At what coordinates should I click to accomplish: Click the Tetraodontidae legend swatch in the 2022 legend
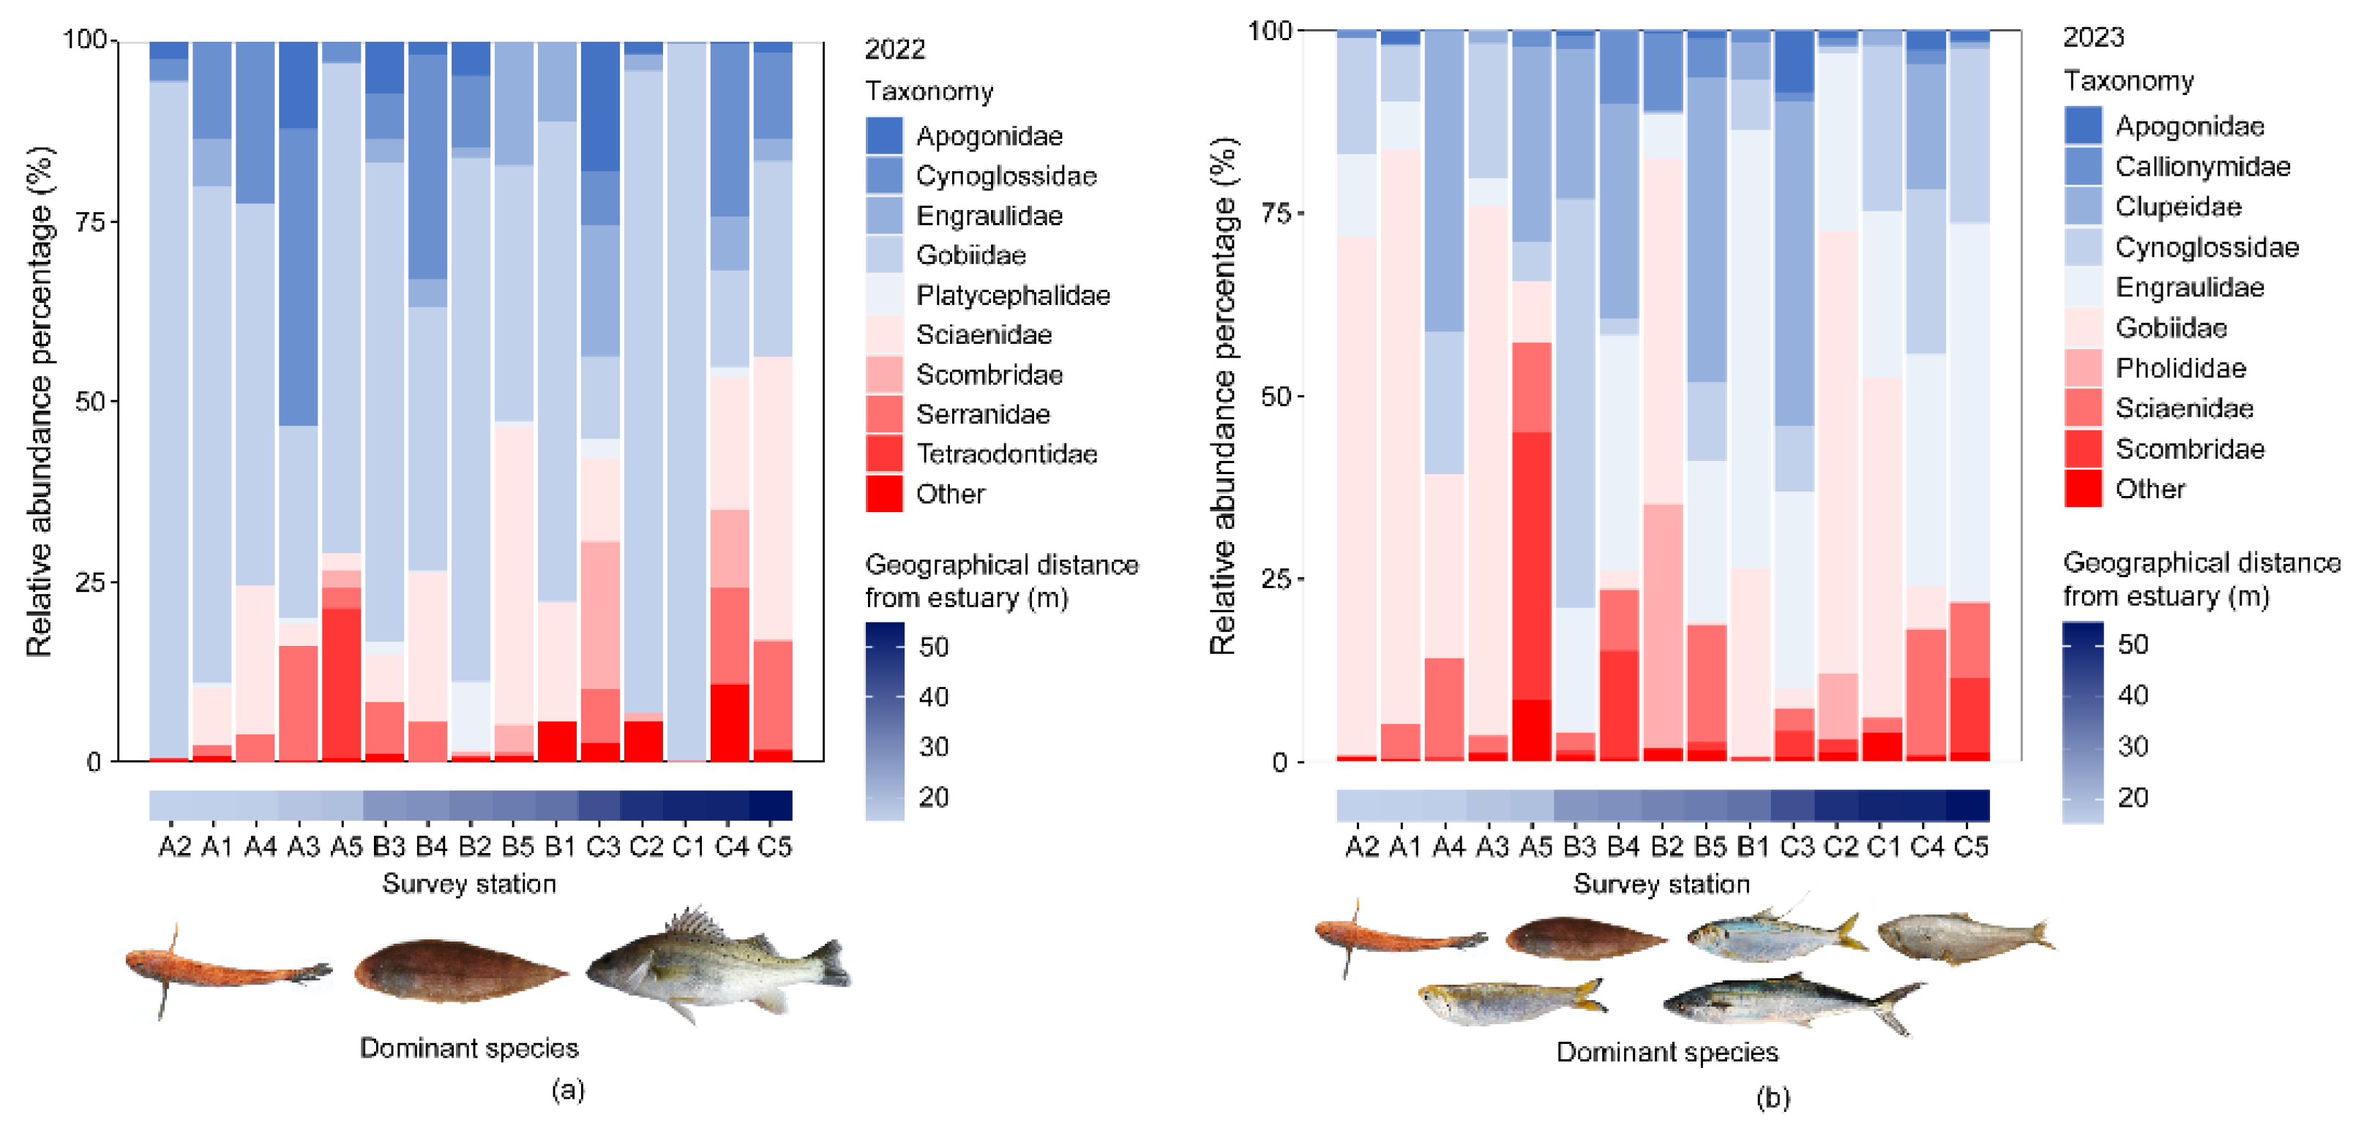(883, 454)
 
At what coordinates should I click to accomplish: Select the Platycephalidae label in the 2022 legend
(1012, 295)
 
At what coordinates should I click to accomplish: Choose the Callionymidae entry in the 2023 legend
(2201, 166)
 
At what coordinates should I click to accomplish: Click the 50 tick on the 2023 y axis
(1276, 396)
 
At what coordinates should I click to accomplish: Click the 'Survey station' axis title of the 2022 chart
(468, 884)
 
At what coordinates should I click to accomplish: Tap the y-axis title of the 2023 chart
(1223, 396)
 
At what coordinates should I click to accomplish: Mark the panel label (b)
(1772, 1097)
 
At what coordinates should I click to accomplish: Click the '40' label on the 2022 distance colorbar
(933, 696)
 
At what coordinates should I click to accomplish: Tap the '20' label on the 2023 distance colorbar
(2132, 797)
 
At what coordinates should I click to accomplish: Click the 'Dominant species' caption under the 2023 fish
(1666, 1051)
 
